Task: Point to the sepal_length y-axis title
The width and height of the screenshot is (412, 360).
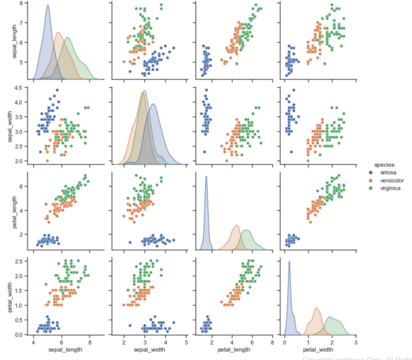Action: (8, 41)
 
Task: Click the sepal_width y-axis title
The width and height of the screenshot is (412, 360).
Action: (8, 124)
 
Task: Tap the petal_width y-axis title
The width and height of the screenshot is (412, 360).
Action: (8, 293)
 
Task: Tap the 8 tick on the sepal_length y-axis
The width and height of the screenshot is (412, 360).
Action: (22, 4)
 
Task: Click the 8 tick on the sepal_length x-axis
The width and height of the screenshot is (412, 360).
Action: (89, 342)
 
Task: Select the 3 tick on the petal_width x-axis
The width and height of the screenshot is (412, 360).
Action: (355, 342)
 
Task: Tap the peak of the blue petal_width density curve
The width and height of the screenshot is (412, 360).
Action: (289, 262)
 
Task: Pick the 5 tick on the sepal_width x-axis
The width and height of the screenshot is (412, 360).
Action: (186, 342)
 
